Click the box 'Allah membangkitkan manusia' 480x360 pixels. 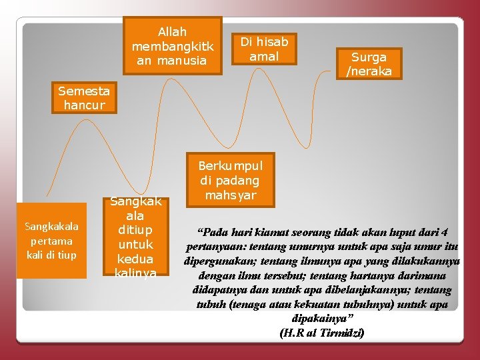173,46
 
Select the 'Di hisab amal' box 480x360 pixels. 264,49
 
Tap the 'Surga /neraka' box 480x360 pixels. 369,64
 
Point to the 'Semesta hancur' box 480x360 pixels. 85,97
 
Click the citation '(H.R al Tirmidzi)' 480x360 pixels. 323,333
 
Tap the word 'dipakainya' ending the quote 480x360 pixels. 321,319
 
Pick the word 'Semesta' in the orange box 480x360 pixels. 85,91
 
